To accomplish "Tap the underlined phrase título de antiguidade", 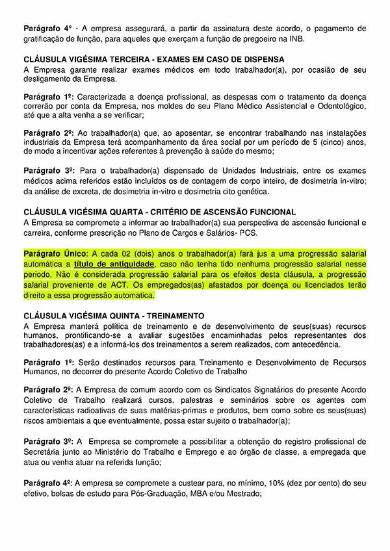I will [x=114, y=264].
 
